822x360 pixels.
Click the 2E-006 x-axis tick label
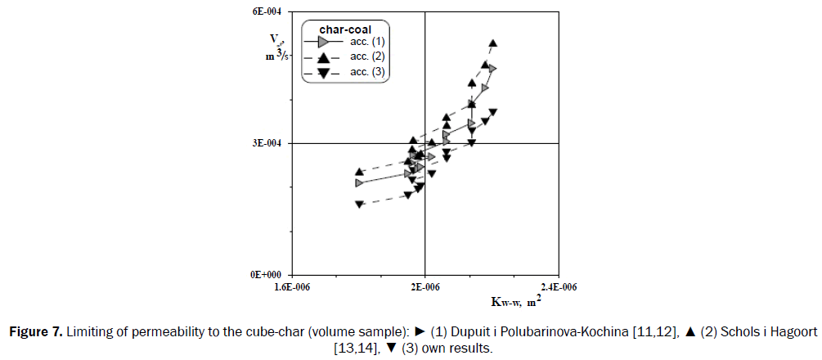point(424,287)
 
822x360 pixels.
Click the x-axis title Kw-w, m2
point(514,302)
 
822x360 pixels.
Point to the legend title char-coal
point(345,29)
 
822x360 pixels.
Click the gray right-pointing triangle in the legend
point(324,41)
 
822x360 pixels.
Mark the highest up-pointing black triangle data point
point(492,43)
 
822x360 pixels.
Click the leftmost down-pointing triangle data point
point(359,205)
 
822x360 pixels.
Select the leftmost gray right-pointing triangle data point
point(359,182)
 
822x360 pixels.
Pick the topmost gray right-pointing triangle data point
point(492,69)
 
